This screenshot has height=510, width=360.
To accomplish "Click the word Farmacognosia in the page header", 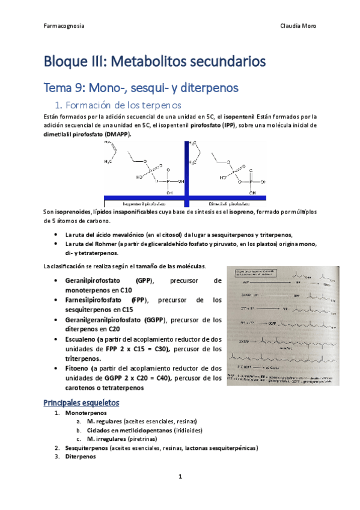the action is pos(64,26).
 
